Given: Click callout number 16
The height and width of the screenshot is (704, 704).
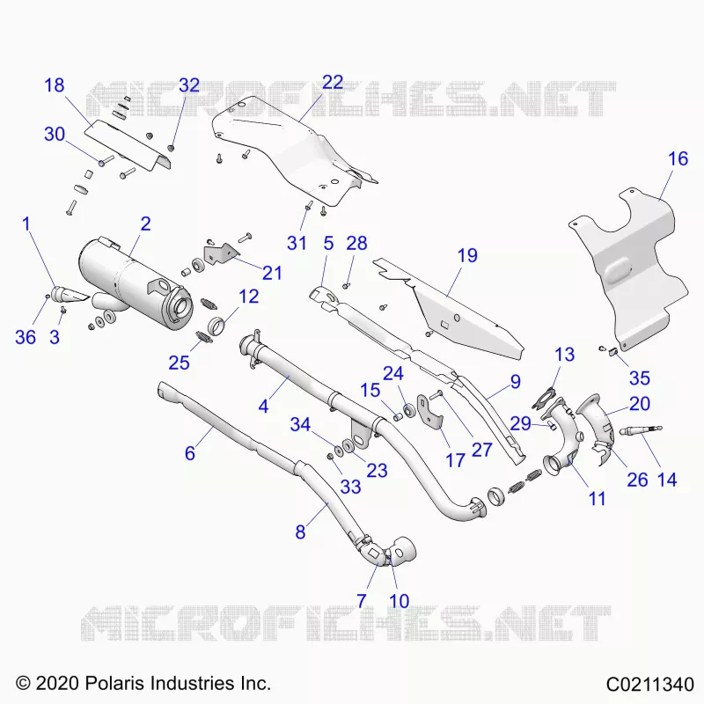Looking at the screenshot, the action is pos(678,158).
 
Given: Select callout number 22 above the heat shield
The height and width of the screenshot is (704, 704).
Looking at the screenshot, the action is pos(334,82).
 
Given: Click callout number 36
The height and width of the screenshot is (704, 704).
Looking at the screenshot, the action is pos(26,337).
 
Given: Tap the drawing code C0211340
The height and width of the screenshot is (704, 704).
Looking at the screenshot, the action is pos(650,685).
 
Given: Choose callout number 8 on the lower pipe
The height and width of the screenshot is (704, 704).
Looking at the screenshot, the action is pos(300,532).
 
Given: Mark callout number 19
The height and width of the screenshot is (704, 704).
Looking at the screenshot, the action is pos(467,255).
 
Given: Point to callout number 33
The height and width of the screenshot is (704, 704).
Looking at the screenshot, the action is pos(350,487).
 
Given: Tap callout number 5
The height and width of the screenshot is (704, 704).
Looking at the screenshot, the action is pos(328,244).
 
